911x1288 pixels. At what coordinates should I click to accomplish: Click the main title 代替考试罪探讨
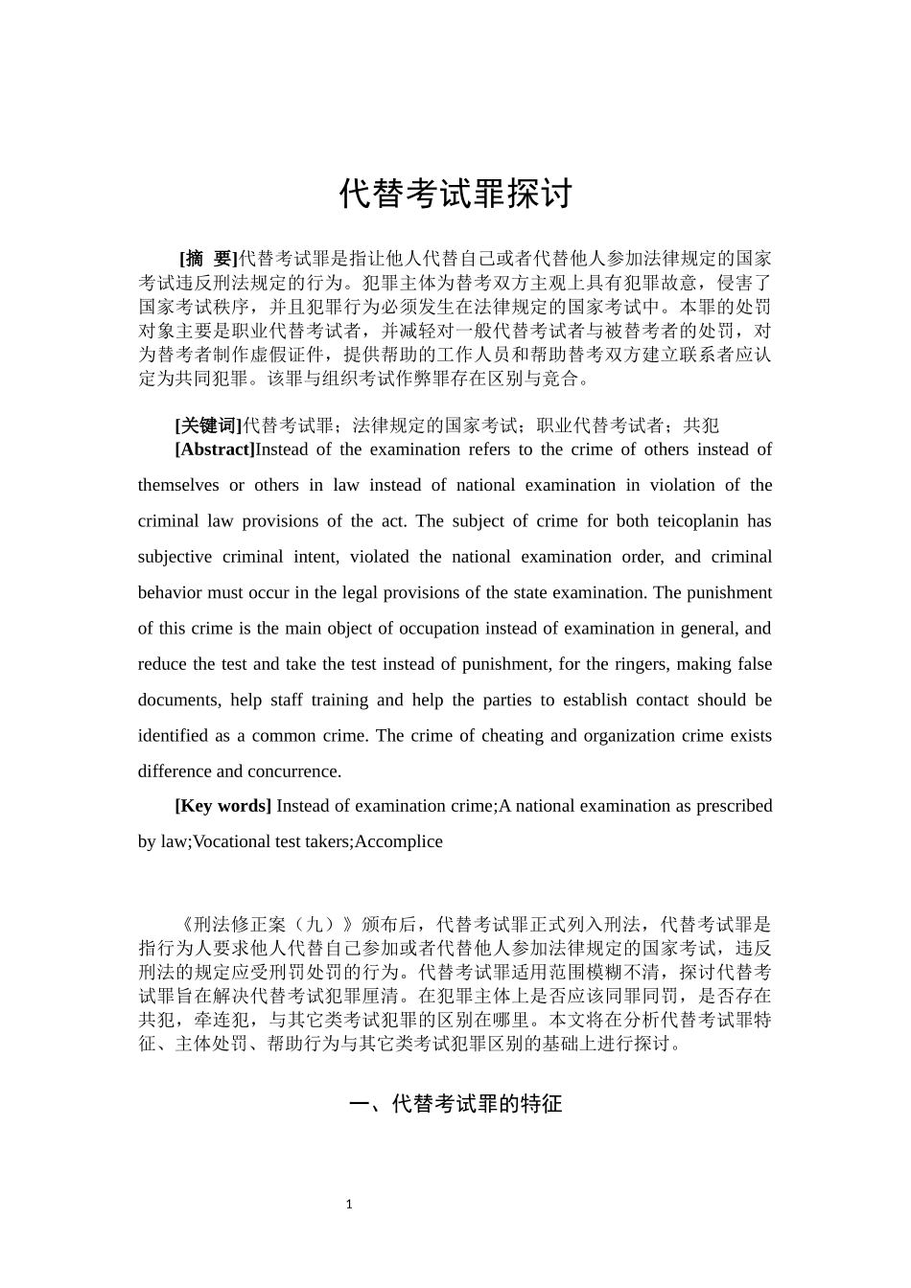coord(455,195)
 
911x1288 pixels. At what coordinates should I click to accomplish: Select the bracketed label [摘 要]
coord(208,258)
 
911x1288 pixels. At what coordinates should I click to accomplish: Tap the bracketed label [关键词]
coord(208,425)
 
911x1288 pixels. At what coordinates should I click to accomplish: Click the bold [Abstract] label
coord(215,449)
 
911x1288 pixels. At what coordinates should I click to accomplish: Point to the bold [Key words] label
coord(222,806)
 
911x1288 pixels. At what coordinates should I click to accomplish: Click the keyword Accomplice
coord(399,841)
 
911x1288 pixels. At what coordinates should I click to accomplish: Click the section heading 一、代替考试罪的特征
coord(455,1105)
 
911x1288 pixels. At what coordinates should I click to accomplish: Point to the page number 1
coord(349,1205)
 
